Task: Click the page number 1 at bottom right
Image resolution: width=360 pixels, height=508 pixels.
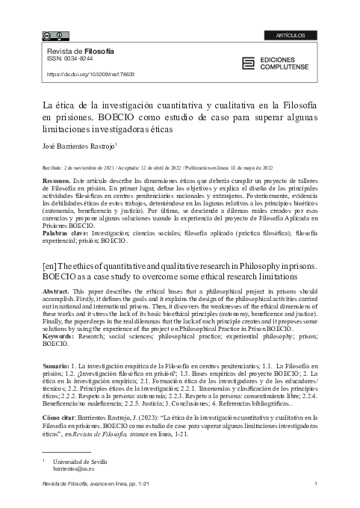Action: [x=317, y=487]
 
